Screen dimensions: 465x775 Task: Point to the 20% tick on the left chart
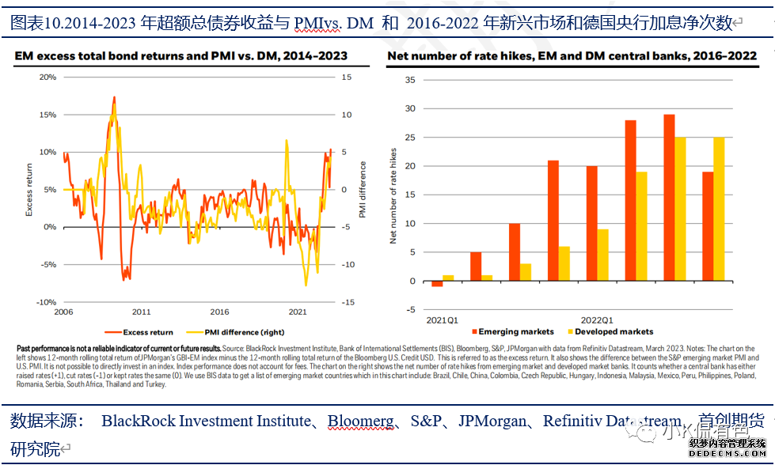[47, 77]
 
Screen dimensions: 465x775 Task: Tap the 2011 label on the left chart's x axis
[141, 312]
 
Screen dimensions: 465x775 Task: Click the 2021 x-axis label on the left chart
[298, 312]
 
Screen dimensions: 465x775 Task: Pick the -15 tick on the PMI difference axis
[346, 302]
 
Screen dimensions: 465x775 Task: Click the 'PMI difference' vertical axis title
[363, 190]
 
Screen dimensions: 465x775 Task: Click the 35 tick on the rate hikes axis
[409, 80]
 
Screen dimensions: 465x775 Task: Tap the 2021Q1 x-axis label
[443, 319]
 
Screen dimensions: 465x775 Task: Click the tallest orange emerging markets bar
[669, 198]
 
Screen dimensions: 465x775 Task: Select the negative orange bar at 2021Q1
[437, 284]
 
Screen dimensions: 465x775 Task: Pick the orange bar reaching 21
[553, 221]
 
